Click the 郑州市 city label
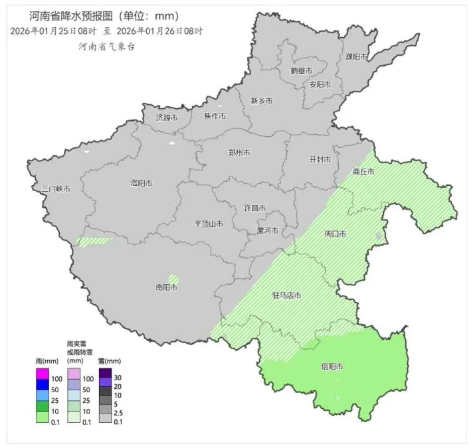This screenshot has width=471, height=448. click(x=238, y=153)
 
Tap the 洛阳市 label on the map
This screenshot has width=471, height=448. click(x=141, y=183)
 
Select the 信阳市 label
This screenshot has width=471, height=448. click(x=331, y=366)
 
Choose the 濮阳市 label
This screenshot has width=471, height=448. click(x=357, y=57)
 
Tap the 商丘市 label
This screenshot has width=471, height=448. click(x=363, y=172)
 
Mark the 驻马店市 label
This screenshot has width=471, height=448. click(x=287, y=295)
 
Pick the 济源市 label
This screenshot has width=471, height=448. click(x=167, y=117)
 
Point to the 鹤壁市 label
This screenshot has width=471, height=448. click(x=301, y=70)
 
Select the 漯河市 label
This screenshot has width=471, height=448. click(x=268, y=230)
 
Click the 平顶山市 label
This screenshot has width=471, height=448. click(x=208, y=224)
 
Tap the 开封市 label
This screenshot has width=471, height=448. click(x=320, y=160)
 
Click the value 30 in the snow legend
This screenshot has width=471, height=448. click(x=118, y=377)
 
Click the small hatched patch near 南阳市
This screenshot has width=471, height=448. click(x=173, y=279)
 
